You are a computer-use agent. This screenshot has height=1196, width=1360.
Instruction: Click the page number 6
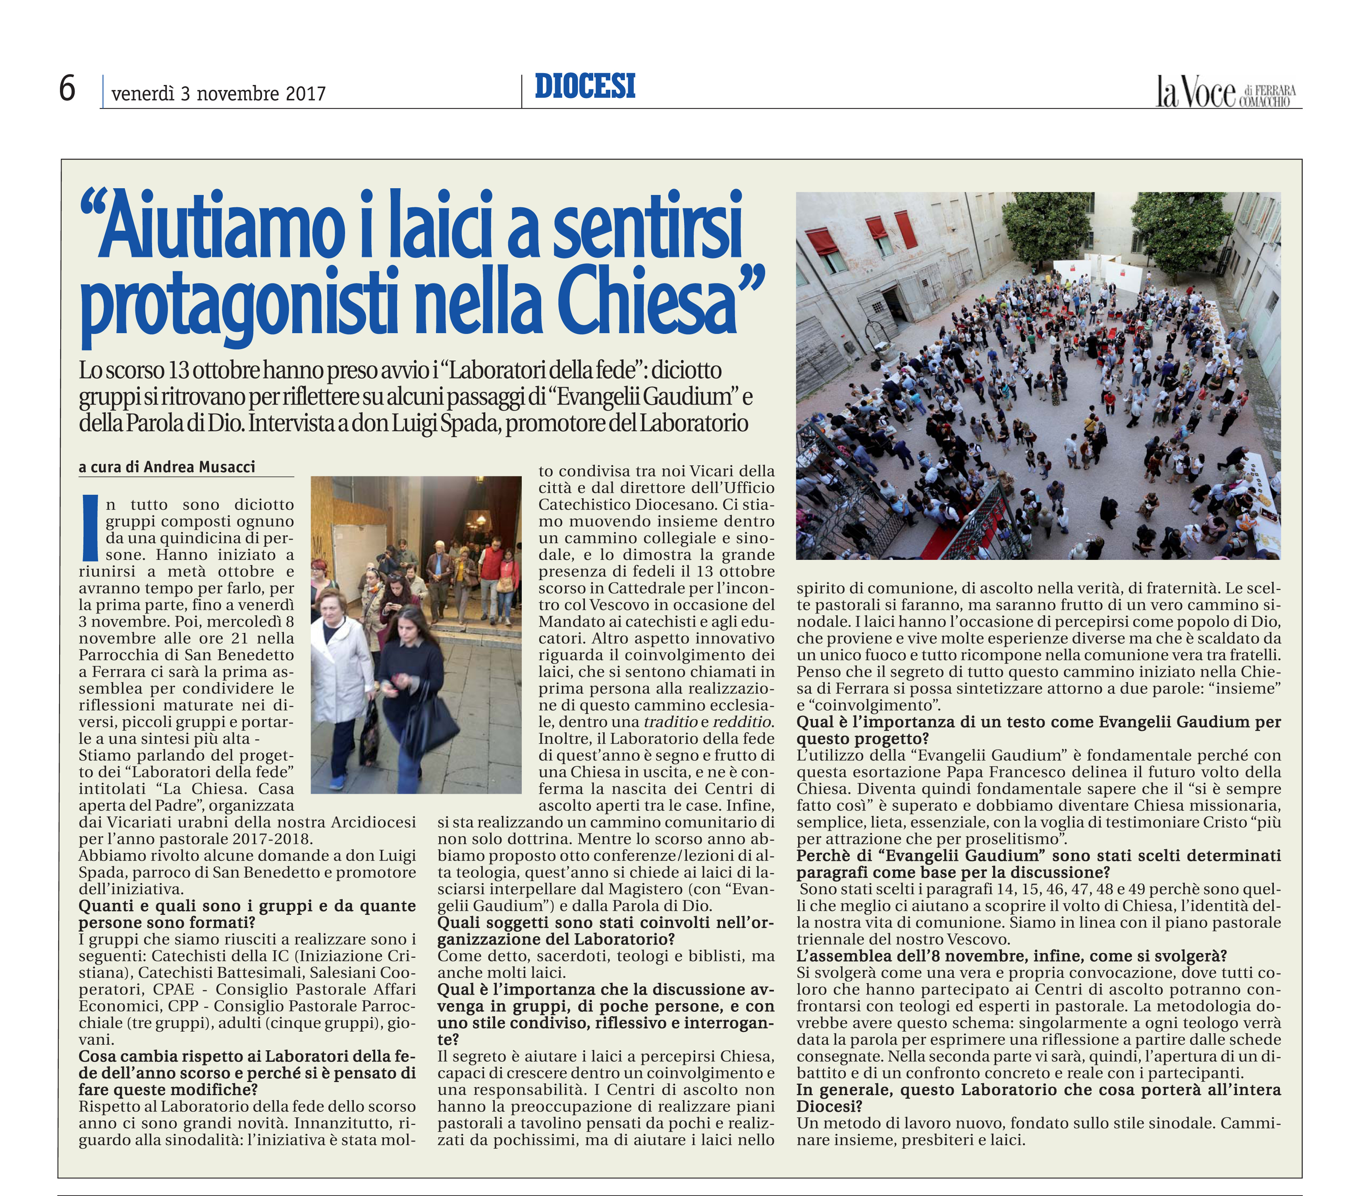[x=67, y=89]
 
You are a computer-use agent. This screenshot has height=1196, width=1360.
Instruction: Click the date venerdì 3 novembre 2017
[x=218, y=94]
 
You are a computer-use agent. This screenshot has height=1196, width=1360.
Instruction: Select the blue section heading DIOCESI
[x=585, y=87]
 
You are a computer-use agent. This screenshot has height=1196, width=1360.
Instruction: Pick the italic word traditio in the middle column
[x=670, y=722]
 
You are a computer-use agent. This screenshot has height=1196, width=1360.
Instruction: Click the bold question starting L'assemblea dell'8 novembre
[x=1011, y=956]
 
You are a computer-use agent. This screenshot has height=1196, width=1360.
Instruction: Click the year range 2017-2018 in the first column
[x=272, y=839]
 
